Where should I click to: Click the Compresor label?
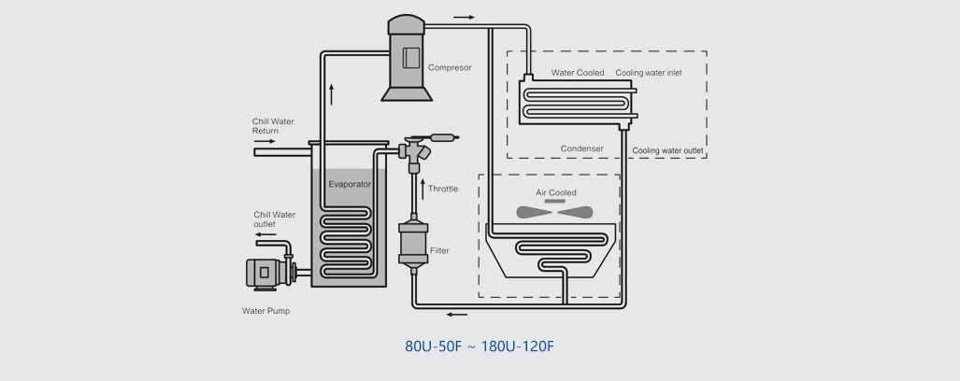tap(450, 67)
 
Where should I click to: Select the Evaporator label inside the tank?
tap(350, 184)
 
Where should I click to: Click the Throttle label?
tap(443, 190)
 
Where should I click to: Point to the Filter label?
tap(440, 251)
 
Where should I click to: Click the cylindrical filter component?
tap(411, 245)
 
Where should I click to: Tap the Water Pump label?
tap(265, 311)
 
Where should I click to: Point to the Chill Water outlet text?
tap(274, 219)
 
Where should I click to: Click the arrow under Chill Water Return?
tap(265, 142)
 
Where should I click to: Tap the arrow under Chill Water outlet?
tap(265, 235)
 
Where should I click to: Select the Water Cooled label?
tap(578, 73)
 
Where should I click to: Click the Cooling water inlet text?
tap(649, 73)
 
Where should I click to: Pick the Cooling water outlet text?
tap(667, 150)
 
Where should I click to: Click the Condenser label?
tap(581, 148)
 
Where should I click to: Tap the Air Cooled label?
tap(555, 192)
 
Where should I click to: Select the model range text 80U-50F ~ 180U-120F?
tap(480, 346)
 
